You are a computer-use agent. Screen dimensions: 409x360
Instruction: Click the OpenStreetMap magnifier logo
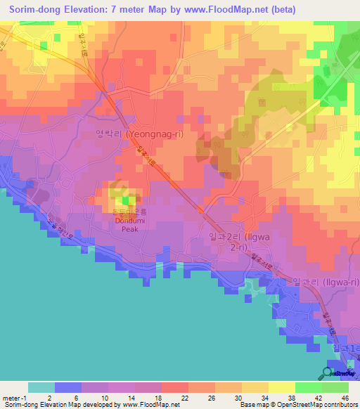(328, 372)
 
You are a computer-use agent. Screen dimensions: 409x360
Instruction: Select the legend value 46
(344, 397)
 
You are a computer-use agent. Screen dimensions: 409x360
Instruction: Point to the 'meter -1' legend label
(14, 397)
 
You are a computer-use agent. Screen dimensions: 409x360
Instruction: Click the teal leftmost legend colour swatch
(41, 387)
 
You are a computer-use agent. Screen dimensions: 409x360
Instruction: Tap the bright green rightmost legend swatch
(335, 387)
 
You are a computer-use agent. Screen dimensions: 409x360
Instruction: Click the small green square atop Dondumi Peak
(125, 200)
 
